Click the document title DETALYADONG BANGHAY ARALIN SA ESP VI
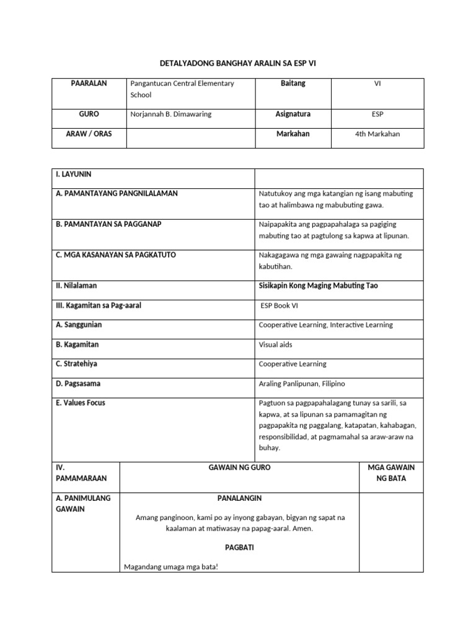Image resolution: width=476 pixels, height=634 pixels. [238, 63]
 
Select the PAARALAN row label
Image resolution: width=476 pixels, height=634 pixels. [89, 84]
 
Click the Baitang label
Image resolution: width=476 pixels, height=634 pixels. [293, 84]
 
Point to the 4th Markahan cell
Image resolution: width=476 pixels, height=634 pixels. [377, 134]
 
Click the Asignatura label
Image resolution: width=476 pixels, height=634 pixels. [293, 115]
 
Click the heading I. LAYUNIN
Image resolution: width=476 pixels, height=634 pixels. [74, 175]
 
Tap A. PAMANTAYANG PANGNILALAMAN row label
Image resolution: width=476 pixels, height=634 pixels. [117, 194]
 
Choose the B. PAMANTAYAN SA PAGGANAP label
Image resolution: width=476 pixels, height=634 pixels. [108, 224]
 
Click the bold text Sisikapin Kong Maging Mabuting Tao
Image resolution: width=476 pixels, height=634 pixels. [318, 286]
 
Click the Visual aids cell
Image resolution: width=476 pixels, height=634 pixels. [275, 345]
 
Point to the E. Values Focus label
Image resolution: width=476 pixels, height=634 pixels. [81, 403]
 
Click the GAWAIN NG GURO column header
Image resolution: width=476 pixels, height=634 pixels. [239, 468]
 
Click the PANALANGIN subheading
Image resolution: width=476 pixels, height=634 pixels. [239, 498]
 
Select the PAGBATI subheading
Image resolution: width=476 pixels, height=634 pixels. [239, 548]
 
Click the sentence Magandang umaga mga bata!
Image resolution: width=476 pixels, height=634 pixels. [172, 567]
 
